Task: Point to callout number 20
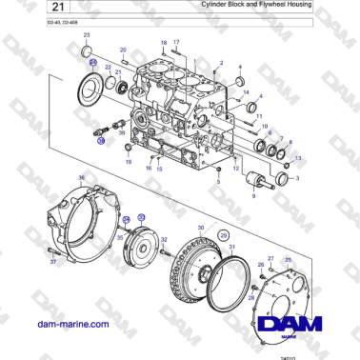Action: tap(123, 49)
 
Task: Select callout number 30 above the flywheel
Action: tap(200, 227)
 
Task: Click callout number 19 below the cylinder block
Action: tap(129, 162)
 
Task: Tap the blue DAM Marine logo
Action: tap(295, 328)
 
